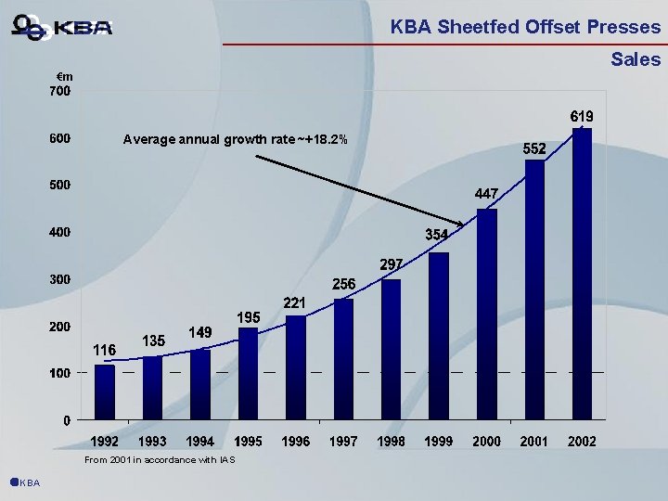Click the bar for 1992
(105, 392)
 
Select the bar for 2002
(583, 274)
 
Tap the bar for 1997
(343, 358)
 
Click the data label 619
(582, 117)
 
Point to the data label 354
(438, 234)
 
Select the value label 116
(104, 350)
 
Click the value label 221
(295, 302)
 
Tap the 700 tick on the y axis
(59, 92)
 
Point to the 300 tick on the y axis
(59, 279)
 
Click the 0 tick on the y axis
(67, 420)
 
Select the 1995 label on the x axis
(248, 441)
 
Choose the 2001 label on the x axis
(534, 441)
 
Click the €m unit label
(64, 75)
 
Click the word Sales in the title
(636, 60)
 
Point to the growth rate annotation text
(236, 140)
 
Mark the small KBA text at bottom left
(29, 482)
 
